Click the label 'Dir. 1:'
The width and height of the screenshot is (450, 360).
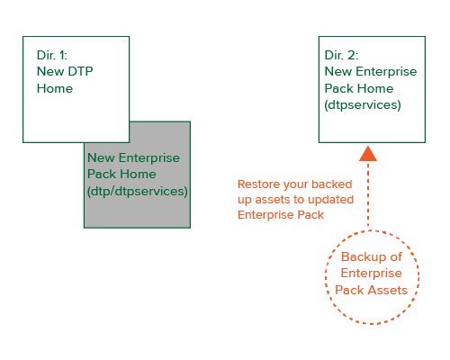pos(52,55)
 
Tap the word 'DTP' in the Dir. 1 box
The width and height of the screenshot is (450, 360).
pos(80,72)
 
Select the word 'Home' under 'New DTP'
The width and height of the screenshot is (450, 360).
pos(55,89)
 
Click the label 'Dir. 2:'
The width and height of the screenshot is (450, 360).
pos(341,55)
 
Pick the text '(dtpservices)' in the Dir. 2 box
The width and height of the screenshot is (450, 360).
pos(363,105)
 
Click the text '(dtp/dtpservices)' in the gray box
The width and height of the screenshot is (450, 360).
pos(138,192)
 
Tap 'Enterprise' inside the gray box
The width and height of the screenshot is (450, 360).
pos(149,158)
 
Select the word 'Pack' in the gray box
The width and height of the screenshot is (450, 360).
pos(101,175)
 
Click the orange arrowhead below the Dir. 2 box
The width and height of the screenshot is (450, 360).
pos(368,154)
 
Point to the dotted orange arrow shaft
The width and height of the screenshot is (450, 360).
pos(368,194)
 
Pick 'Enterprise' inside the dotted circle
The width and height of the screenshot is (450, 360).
pos(372,274)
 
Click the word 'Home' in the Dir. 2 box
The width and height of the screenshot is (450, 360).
pos(375,89)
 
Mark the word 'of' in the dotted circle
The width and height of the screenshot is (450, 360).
pos(396,256)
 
